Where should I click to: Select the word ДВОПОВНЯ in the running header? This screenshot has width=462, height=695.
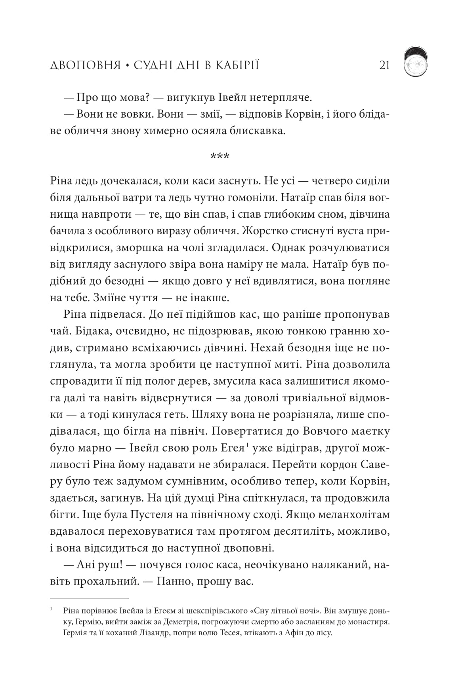pyautogui.click(x=85, y=65)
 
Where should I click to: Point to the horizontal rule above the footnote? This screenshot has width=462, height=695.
pyautogui.click(x=90, y=599)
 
